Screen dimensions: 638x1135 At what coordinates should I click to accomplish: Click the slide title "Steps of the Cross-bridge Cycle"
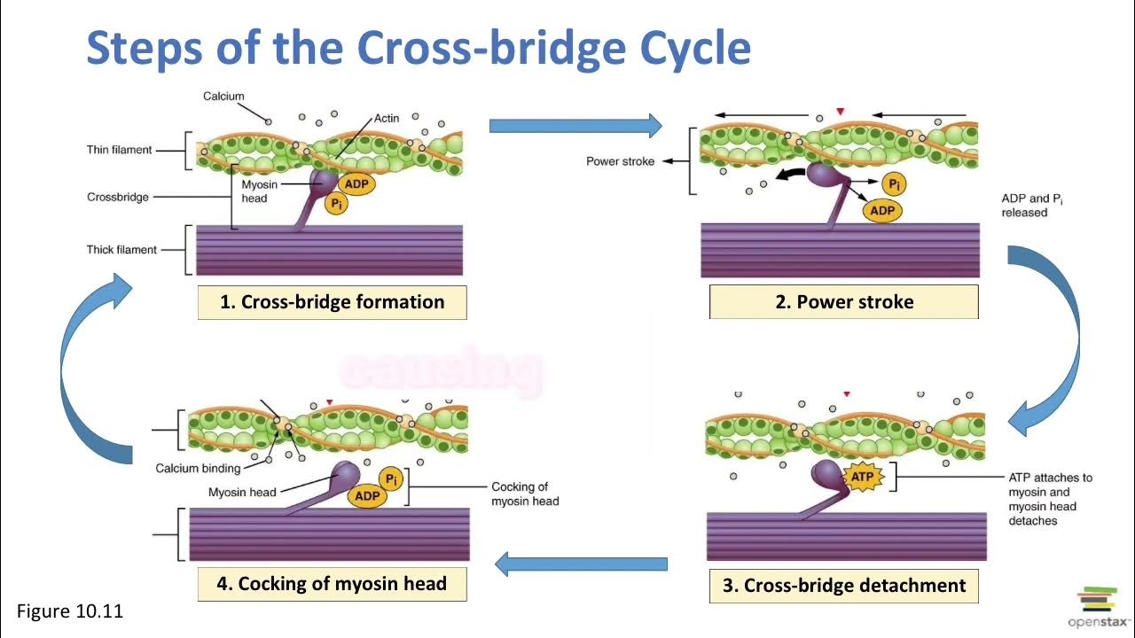point(419,48)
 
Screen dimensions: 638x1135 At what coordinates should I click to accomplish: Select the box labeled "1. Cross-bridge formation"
point(332,302)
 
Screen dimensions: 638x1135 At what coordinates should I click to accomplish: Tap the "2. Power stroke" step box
point(843,302)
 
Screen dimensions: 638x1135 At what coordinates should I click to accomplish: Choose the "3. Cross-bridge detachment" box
point(843,586)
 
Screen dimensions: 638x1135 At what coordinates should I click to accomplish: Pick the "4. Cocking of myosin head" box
point(332,584)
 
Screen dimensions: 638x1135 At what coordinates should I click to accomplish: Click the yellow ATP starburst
point(862,477)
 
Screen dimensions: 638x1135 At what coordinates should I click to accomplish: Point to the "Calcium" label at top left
point(223,96)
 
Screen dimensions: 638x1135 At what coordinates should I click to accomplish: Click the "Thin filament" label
point(120,150)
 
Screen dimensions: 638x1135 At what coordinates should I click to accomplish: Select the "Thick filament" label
point(121,250)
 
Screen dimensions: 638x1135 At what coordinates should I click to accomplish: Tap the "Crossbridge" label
point(118,197)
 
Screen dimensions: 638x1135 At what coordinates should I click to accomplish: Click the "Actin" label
point(387,118)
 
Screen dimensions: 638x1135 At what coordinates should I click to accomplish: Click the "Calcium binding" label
point(198,469)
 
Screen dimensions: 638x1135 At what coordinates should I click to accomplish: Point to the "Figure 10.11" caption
point(70,611)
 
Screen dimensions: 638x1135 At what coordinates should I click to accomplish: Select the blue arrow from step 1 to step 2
point(575,126)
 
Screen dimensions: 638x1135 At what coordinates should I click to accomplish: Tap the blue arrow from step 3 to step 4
point(581,564)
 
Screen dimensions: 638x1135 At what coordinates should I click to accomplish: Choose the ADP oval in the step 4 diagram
point(367,496)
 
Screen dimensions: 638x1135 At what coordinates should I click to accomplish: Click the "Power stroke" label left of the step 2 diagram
point(620,161)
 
